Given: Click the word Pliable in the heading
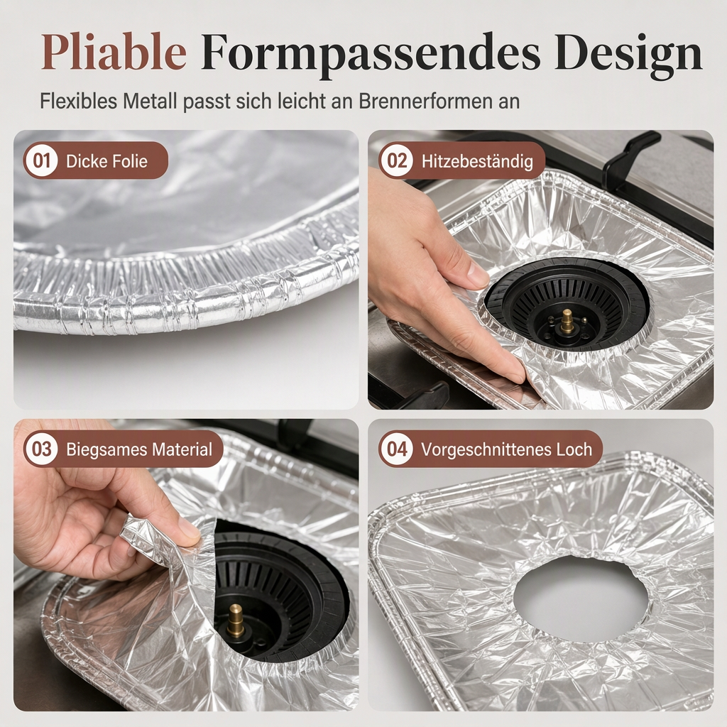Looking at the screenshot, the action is pos(114,52).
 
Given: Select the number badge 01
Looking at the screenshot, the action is pos(42,160).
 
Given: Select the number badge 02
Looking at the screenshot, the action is pos(397,160).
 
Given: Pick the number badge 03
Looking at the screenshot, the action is pos(42,449).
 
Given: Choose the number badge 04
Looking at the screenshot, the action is pos(397,449).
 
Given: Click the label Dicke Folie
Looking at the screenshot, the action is pos(106,161).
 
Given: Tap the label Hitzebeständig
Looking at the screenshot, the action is pos(477,161).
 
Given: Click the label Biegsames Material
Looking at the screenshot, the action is pos(139,449).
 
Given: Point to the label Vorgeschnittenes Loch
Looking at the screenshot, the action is pos(506,449).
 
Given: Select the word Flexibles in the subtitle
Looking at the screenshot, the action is pos(78,101).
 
